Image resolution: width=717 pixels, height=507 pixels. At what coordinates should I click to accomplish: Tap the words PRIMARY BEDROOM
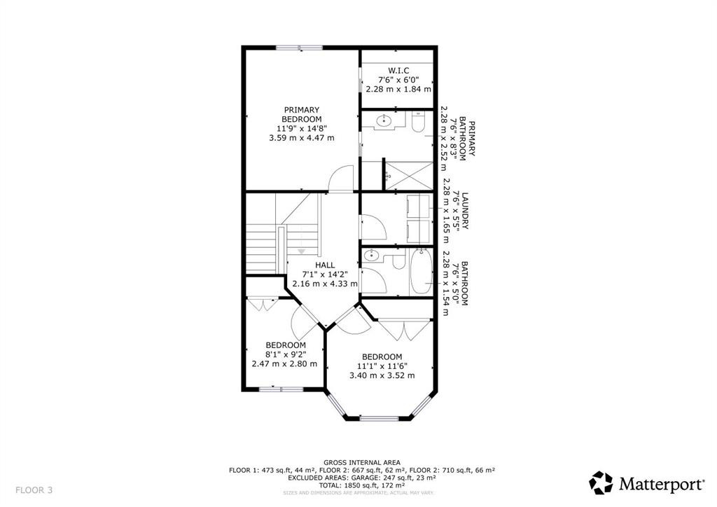[x=302, y=115]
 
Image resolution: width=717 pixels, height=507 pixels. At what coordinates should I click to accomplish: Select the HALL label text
[x=324, y=265]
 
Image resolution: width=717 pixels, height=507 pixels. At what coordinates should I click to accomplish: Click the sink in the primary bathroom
[x=384, y=122]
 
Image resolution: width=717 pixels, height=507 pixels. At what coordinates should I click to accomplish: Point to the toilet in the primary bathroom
[x=417, y=123]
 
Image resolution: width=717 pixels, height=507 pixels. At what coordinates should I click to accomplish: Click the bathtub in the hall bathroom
[x=422, y=272]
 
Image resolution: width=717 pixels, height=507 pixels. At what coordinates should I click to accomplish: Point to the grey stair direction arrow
[x=302, y=251]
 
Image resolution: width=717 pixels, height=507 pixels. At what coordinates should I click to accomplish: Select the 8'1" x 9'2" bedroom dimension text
[x=285, y=354]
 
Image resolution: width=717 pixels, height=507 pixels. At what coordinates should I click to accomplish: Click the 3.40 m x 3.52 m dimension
[x=382, y=376]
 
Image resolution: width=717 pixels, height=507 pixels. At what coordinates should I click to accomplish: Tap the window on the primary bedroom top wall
[x=299, y=48]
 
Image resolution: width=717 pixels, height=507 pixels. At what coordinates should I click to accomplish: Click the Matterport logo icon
[x=601, y=482]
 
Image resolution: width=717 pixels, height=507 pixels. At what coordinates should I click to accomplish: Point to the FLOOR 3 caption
[x=34, y=489]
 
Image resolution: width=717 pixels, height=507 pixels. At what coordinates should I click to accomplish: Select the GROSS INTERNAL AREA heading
[x=362, y=462]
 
